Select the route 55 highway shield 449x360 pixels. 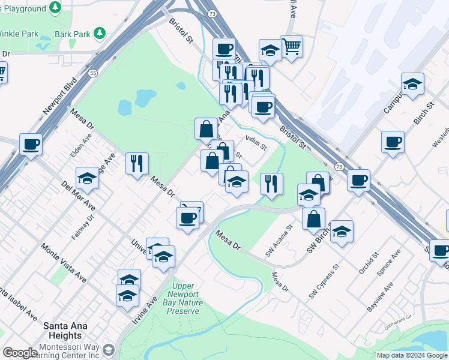click(92, 73)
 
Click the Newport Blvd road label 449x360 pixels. click(61, 97)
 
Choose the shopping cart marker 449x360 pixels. click(291, 46)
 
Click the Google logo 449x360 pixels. click(20, 353)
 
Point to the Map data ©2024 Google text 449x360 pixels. click(412, 355)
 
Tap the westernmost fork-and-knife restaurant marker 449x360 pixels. click(137, 163)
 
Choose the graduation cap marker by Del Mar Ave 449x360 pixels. click(87, 178)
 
